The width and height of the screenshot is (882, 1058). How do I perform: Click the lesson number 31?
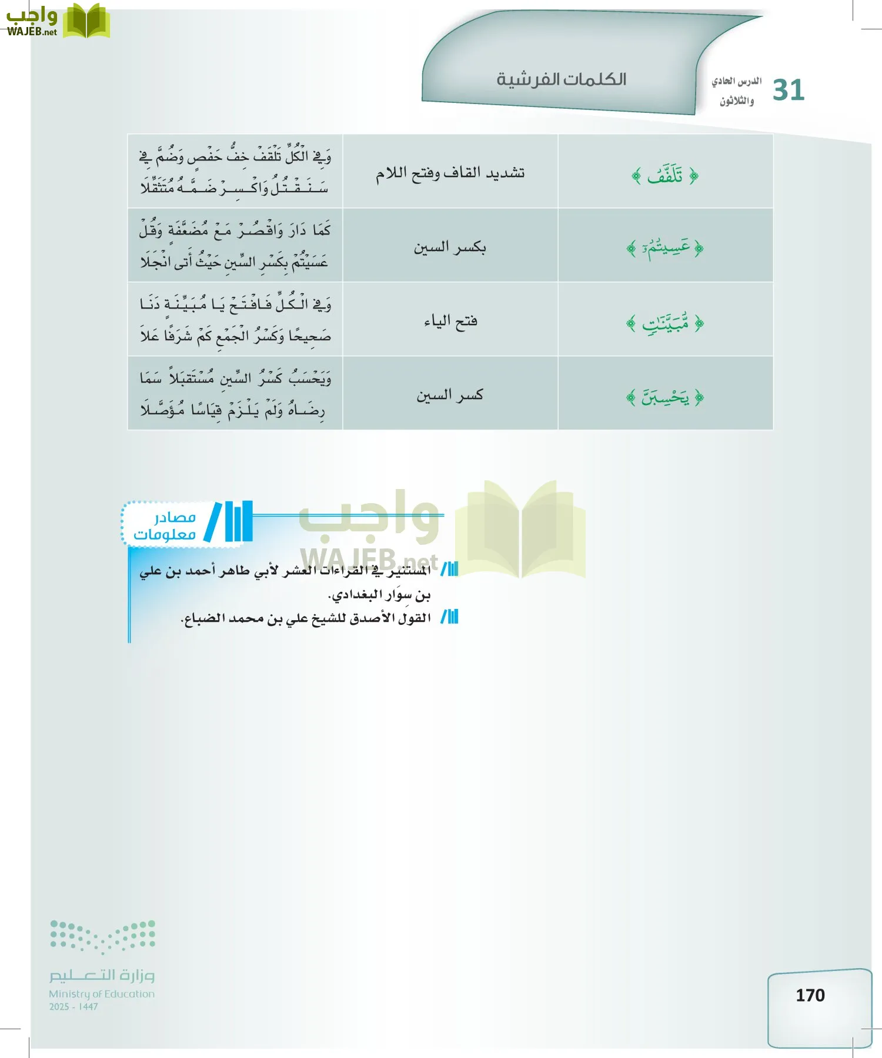788,91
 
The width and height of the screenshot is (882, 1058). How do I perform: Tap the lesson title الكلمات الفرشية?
561,79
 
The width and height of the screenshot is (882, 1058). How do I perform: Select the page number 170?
810,995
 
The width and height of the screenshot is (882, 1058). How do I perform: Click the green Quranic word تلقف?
665,175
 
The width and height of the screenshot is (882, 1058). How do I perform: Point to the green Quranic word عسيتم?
665,249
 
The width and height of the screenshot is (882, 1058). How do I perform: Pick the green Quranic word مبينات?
665,323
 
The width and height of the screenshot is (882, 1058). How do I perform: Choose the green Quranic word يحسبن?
665,397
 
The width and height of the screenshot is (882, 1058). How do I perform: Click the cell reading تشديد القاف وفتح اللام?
450,173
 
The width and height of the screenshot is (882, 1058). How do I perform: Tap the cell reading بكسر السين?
450,247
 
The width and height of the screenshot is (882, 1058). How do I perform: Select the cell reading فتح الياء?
450,321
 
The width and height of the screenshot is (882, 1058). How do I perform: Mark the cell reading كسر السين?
450,395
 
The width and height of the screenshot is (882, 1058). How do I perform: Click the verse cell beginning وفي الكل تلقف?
235,172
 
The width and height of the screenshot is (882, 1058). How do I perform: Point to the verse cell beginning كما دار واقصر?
235,245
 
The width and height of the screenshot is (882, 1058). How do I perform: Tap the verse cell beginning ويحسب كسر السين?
235,393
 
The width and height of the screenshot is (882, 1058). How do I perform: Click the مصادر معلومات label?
165,525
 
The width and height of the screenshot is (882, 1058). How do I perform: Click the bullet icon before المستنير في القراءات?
449,569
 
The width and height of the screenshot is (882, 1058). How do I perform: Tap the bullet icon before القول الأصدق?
449,617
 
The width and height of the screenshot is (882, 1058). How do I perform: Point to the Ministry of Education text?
102,994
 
